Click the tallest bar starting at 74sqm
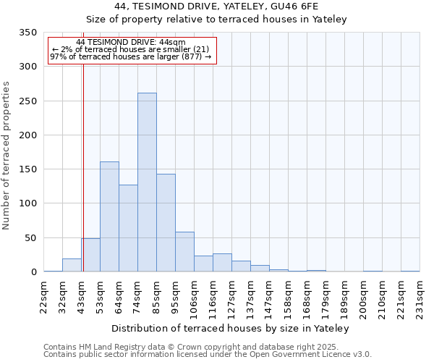(147, 182)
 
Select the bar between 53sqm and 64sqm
(109, 216)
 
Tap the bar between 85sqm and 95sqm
(166, 223)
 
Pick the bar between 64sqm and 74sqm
(128, 228)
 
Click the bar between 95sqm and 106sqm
(184, 252)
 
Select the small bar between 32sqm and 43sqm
(72, 265)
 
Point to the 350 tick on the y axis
(27, 33)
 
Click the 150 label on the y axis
(27, 169)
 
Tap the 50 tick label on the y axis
(30, 238)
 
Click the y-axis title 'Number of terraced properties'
(7, 156)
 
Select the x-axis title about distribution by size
(231, 329)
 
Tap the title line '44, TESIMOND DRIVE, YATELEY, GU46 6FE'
(217, 7)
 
